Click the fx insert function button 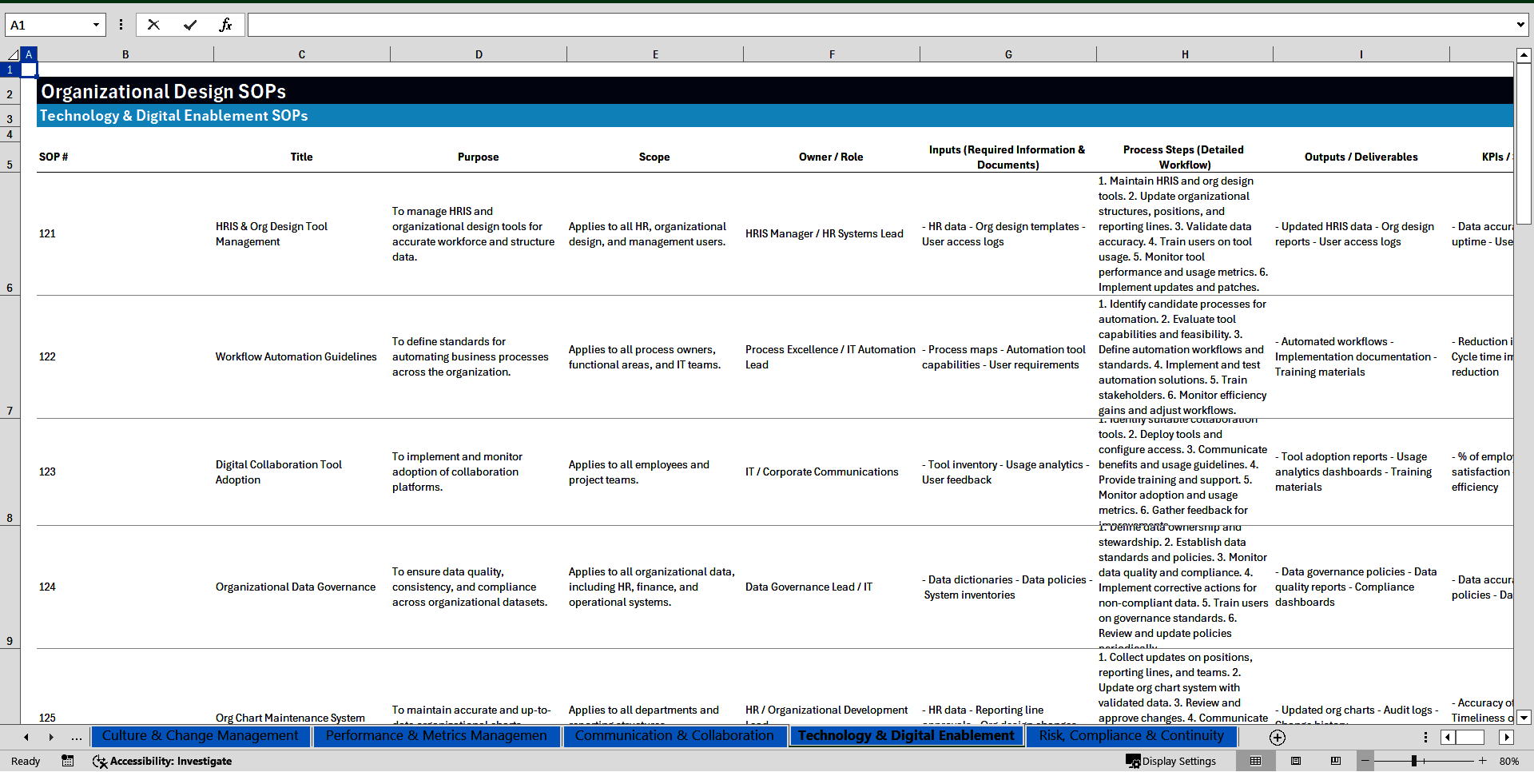point(225,25)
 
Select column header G point(1008,54)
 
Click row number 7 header point(10,411)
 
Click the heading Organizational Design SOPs point(163,91)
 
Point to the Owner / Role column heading point(830,157)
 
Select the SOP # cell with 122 point(48,356)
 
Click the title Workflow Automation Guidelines point(296,356)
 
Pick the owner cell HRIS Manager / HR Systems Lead point(824,233)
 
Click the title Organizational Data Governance point(295,587)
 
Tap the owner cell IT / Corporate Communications point(821,472)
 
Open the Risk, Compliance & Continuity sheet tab point(1131,735)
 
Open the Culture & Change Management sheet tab point(200,735)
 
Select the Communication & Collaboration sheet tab point(674,735)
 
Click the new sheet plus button point(1277,737)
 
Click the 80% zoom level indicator point(1508,761)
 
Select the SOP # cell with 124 point(48,587)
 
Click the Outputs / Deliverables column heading point(1361,157)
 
